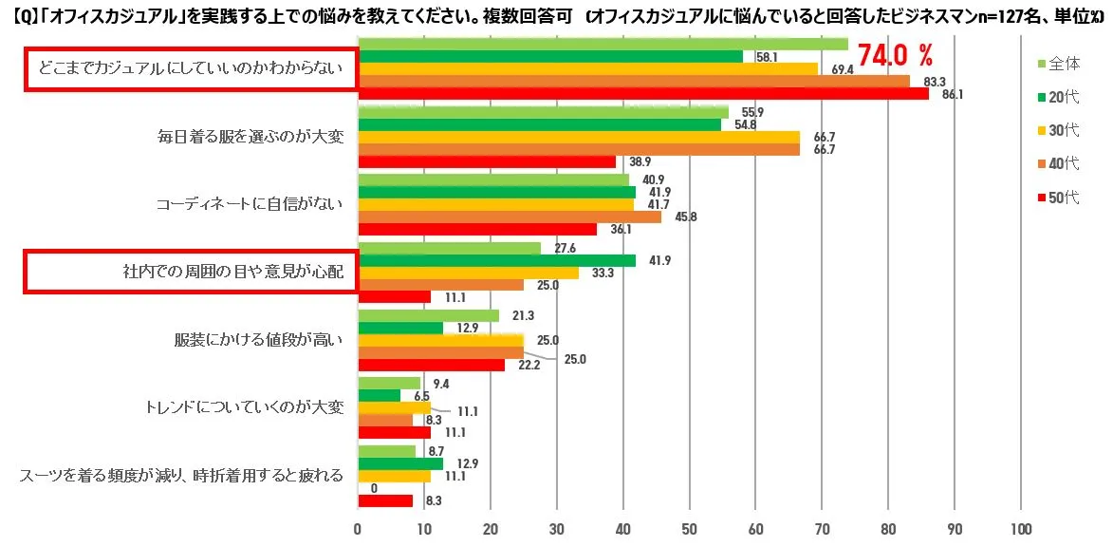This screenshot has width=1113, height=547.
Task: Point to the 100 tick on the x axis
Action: coord(1021,529)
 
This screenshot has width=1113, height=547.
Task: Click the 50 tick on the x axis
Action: coord(689,529)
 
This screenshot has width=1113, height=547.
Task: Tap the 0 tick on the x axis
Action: coord(358,529)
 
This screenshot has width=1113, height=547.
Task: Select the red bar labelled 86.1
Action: coord(642,94)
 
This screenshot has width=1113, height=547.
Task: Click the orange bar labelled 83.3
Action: coord(633,81)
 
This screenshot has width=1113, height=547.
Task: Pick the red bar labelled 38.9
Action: coord(486,161)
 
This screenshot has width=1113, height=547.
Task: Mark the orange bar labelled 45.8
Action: coord(509,217)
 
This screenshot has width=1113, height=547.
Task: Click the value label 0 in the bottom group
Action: coord(375,488)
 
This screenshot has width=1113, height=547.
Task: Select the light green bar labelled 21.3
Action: coord(428,315)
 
